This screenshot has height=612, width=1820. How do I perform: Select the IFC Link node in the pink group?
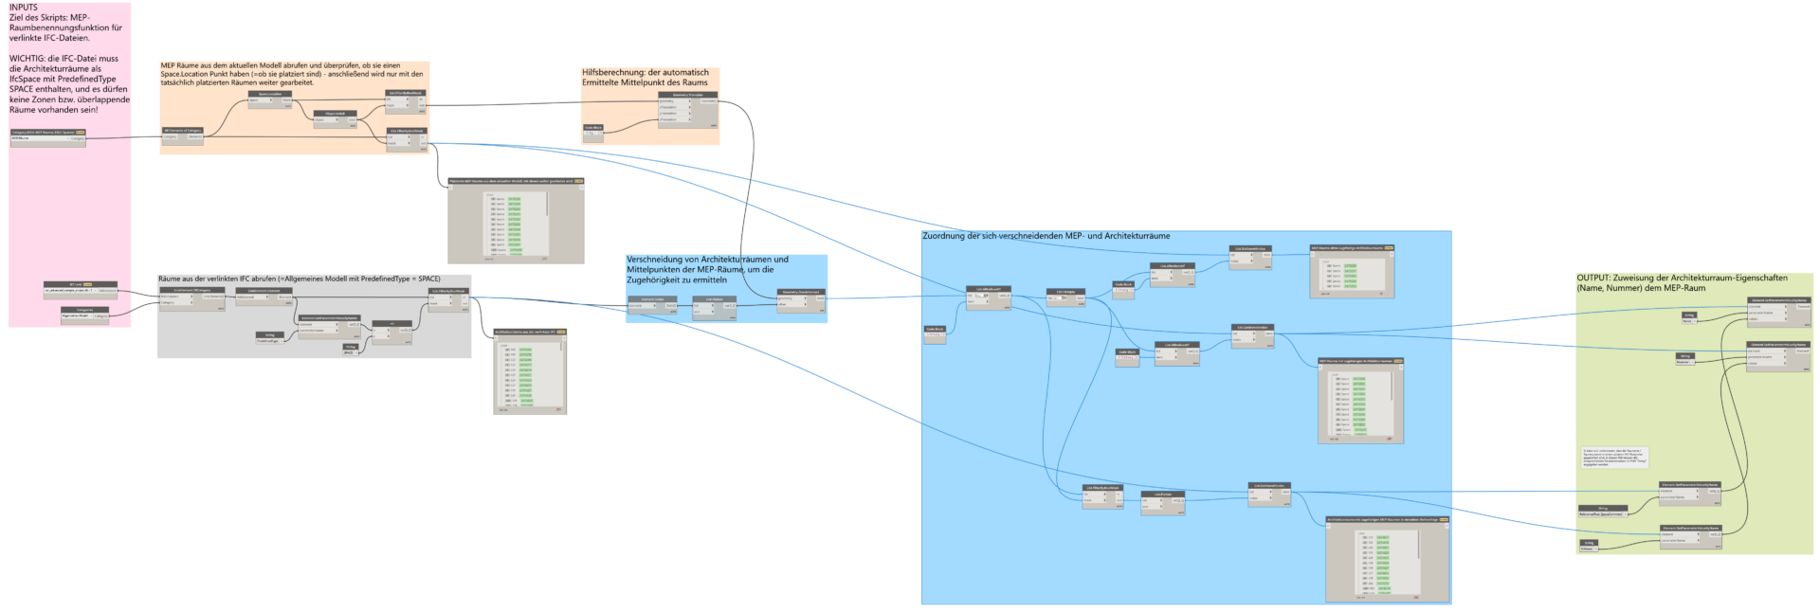(x=80, y=288)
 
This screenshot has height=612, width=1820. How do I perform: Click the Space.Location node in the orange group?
(x=270, y=99)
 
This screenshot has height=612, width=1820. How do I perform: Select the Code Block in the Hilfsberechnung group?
(x=593, y=132)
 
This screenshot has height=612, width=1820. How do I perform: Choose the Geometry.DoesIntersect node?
(x=800, y=297)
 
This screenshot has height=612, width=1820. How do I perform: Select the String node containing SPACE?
(x=350, y=351)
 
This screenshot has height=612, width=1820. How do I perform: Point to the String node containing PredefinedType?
(x=269, y=338)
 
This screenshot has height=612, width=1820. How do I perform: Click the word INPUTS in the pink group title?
(x=24, y=8)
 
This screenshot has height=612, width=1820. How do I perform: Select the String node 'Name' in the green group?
(x=1688, y=317)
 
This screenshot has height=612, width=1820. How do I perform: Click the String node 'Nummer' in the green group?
(x=1684, y=359)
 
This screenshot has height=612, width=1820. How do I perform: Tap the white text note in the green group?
(x=1614, y=457)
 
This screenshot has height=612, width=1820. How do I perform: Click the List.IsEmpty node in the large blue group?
(x=1066, y=297)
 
